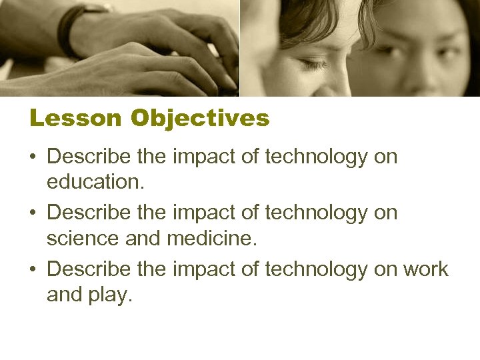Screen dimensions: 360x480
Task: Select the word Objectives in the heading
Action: (200, 119)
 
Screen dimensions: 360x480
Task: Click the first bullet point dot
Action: (34, 158)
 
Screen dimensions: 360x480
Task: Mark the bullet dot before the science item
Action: (34, 214)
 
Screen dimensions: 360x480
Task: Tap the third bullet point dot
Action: (34, 270)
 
